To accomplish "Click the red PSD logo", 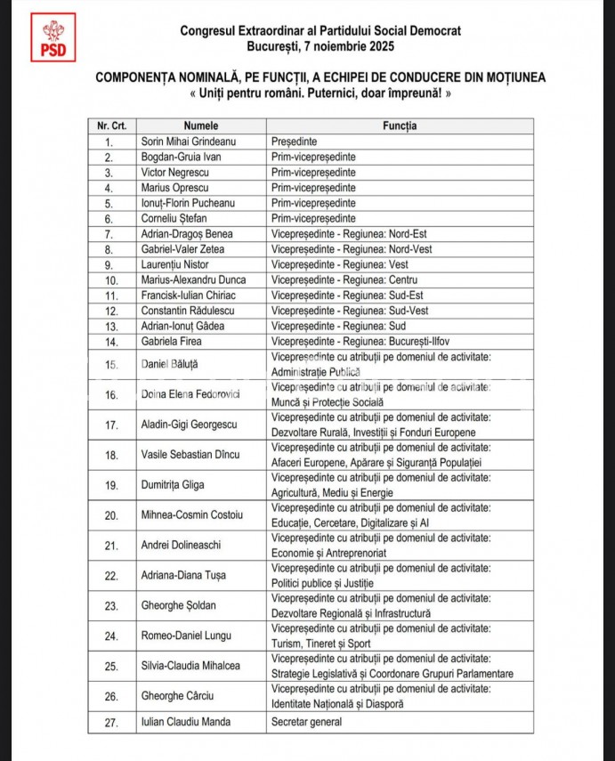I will (53, 38).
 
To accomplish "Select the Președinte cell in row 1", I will (295, 142).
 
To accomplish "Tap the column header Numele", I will (201, 126).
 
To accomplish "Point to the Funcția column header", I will (400, 126).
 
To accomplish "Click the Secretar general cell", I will (307, 723).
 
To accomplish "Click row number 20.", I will (111, 514).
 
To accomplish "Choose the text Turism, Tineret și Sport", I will (321, 644).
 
